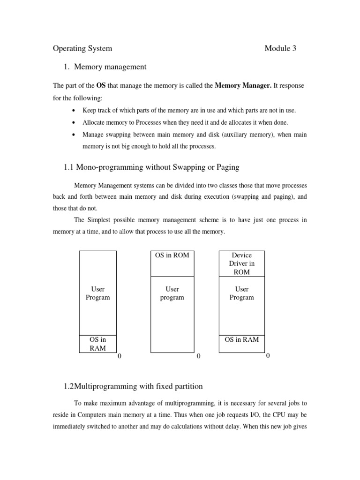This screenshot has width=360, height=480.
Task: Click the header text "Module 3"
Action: tap(280, 48)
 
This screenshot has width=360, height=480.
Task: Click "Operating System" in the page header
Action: tap(82, 48)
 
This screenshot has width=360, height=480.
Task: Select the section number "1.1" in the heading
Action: tap(69, 167)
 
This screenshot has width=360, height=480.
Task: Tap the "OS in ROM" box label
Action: tap(172, 255)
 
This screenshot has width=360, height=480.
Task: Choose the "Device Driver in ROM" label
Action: tap(242, 263)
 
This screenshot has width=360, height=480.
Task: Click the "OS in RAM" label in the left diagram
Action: tap(98, 344)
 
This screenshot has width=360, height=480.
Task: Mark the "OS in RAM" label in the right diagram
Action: tap(242, 339)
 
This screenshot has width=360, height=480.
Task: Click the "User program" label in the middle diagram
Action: tap(172, 293)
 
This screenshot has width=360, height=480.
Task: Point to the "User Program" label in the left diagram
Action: tap(98, 293)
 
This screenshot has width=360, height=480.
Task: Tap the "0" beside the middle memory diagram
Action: tap(198, 356)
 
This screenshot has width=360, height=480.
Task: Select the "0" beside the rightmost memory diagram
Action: tap(268, 356)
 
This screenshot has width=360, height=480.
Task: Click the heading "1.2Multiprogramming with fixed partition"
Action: tap(133, 387)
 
